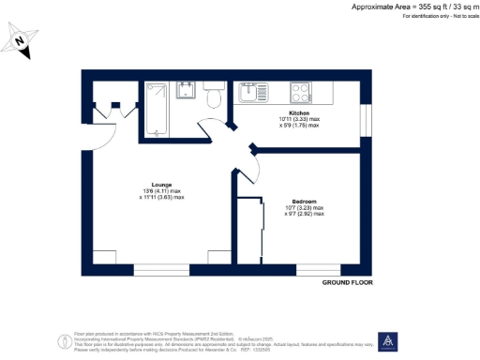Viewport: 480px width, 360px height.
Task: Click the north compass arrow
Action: pos(22,42)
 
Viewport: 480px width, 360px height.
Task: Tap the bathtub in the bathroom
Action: pos(157,109)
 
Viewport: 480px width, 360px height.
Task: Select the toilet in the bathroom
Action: pos(213,95)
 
